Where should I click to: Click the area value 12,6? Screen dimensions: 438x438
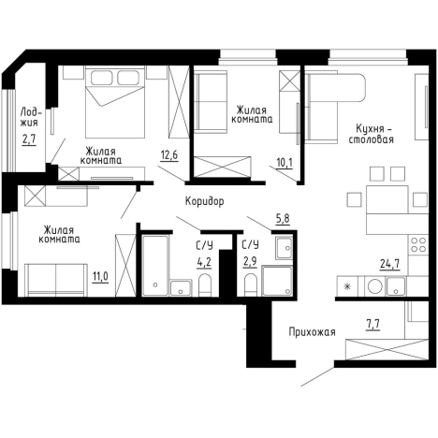coord(169,154)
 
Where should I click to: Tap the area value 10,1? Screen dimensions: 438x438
coord(285,163)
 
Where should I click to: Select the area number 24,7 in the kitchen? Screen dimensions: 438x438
coord(390,264)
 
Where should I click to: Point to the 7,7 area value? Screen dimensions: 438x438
coord(372,325)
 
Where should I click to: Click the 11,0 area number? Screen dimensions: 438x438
coord(100,276)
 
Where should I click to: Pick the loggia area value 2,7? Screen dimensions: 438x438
coord(29,139)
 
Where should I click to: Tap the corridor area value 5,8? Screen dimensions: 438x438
coord(283,219)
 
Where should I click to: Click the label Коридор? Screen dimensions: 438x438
coord(205,201)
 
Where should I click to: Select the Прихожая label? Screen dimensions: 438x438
coord(312,332)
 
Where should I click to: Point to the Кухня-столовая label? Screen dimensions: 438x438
coord(372,134)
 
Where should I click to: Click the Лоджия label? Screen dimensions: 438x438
coord(29,117)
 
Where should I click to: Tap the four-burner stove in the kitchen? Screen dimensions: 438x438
coord(418,245)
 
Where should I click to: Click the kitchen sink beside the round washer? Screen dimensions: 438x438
coord(395,286)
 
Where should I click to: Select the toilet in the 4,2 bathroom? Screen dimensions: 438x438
coord(205,285)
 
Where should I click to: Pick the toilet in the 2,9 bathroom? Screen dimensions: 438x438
coord(250,285)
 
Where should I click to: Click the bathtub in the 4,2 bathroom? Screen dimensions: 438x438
coord(155,266)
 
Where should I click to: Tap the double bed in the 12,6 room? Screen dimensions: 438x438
coord(115,102)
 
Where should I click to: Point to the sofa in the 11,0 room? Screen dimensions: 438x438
coord(56,280)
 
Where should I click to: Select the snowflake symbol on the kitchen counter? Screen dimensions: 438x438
coord(346,286)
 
